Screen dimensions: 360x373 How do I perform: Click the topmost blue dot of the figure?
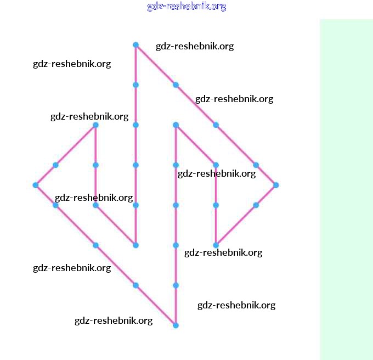pyautogui.click(x=135, y=45)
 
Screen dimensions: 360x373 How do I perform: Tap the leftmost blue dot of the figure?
pyautogui.click(x=36, y=185)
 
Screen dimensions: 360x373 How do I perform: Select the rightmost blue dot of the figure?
pyautogui.click(x=276, y=185)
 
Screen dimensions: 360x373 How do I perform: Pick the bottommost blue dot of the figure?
pyautogui.click(x=176, y=325)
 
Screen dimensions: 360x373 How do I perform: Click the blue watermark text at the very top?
pyautogui.click(x=187, y=7)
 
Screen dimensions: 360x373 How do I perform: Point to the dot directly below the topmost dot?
pyautogui.click(x=135, y=85)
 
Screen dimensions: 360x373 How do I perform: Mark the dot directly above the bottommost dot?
pyautogui.click(x=176, y=285)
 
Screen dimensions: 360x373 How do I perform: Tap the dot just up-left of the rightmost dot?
pyautogui.click(x=256, y=165)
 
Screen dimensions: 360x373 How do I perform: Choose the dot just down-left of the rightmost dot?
pyautogui.click(x=256, y=205)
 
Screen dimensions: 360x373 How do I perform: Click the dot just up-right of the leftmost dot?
pyautogui.click(x=55, y=165)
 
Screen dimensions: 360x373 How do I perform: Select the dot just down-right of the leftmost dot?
pyautogui.click(x=55, y=205)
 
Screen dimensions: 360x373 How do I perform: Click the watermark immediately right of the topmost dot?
pyautogui.click(x=195, y=46)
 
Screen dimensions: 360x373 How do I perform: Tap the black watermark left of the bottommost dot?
pyautogui.click(x=114, y=320)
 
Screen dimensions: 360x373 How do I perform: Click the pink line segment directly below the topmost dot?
pyautogui.click(x=135, y=65)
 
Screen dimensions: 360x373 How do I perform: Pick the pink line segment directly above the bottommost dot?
pyautogui.click(x=176, y=306)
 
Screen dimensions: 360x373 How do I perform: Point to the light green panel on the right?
pyautogui.click(x=346, y=189)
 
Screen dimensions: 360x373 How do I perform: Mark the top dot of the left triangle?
pyautogui.click(x=95, y=125)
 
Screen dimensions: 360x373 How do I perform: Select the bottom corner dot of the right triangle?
pyautogui.click(x=216, y=245)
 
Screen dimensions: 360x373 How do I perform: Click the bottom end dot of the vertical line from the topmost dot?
pyautogui.click(x=135, y=245)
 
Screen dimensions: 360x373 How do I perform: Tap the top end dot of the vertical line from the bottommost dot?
pyautogui.click(x=176, y=125)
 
